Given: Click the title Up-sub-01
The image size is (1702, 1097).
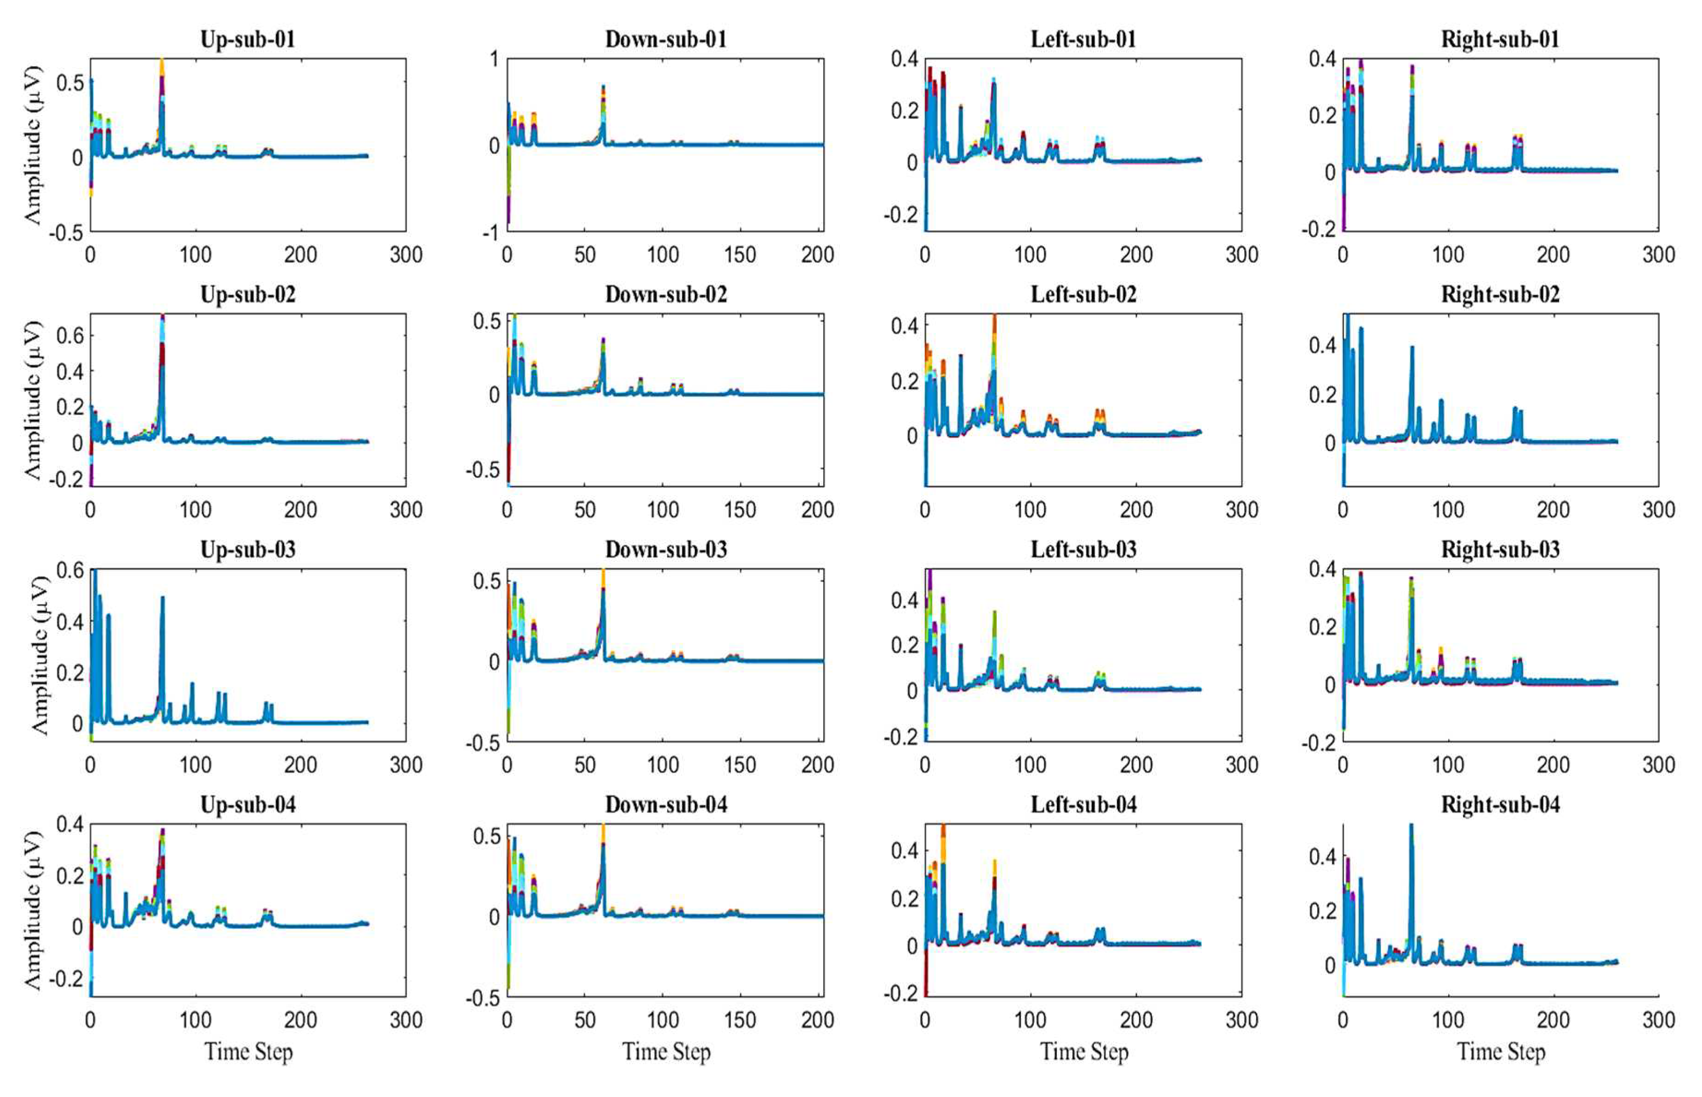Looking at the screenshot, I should click(247, 39).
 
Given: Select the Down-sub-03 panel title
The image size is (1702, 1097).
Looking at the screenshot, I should click(665, 549).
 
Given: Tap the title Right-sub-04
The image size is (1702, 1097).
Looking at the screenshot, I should click(1500, 804).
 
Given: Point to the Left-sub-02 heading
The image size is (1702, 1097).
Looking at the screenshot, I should click(1083, 294).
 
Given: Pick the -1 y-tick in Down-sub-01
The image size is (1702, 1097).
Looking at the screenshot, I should click(491, 233).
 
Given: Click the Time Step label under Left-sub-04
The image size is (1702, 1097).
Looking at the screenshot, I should click(1083, 1051).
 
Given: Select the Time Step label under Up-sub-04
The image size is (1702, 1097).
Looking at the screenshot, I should click(248, 1051).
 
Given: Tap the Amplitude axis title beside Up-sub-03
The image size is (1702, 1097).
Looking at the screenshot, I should click(39, 655).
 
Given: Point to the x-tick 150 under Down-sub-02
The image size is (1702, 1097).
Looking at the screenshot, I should click(740, 510).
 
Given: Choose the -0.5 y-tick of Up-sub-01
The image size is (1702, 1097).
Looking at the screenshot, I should click(66, 233).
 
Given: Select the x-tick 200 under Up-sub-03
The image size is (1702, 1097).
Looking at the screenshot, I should click(300, 765).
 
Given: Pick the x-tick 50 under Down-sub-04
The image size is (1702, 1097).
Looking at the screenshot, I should click(584, 1020).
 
